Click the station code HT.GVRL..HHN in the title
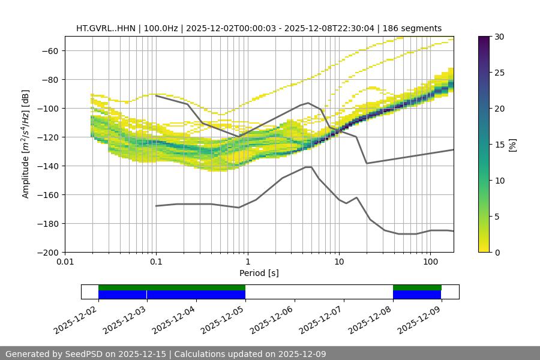click(x=106, y=28)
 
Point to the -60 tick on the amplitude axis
click(x=49, y=50)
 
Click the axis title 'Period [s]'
click(x=259, y=273)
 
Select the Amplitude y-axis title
click(x=25, y=144)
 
